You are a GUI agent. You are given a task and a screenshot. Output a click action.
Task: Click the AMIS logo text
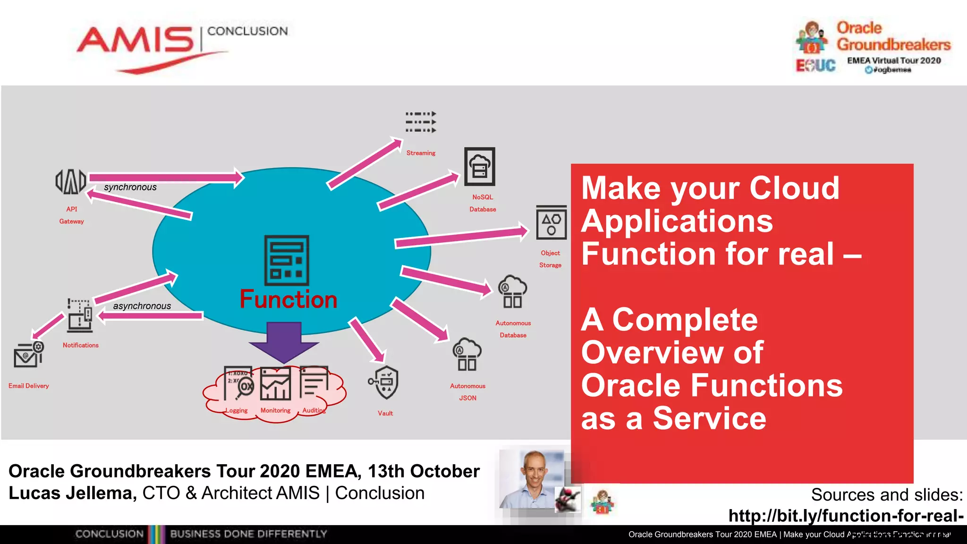point(136,41)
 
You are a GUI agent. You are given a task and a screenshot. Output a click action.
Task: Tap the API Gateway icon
point(71,182)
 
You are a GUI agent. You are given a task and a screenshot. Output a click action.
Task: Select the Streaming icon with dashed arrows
point(421,122)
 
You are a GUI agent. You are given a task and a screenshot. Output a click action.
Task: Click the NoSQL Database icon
point(480,167)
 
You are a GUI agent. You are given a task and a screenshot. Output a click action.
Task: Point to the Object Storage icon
point(551,222)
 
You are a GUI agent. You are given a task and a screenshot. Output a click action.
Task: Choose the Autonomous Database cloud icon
point(512,292)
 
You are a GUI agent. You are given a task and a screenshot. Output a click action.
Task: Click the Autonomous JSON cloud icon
point(467,354)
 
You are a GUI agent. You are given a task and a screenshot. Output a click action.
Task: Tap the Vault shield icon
point(385,382)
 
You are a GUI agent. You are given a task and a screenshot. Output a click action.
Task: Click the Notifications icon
point(80,315)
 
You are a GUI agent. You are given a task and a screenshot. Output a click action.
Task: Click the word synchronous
point(130,187)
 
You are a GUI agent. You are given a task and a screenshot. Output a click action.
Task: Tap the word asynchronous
point(142,306)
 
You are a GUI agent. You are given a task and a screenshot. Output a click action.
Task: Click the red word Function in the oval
point(288,299)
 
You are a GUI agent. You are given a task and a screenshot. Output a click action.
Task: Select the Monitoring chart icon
point(276,384)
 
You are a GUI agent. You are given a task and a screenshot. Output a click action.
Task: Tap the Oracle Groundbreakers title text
point(893,36)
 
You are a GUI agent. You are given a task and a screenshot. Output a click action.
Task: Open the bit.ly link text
point(846,516)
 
